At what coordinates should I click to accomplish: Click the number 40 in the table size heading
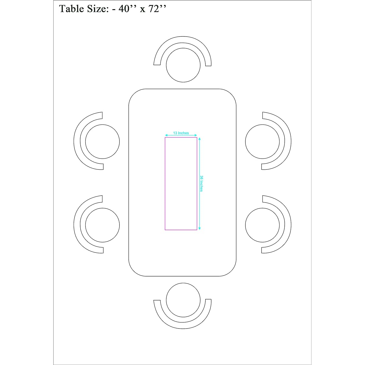tap(124, 9)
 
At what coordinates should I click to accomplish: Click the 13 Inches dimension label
tap(181, 133)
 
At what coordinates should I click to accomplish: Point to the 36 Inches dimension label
tap(202, 183)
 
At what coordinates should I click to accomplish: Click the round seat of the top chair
tap(183, 65)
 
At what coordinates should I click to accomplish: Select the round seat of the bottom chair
tap(183, 300)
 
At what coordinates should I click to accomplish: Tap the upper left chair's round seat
tap(103, 141)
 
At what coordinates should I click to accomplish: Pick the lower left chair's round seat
tap(103, 225)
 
